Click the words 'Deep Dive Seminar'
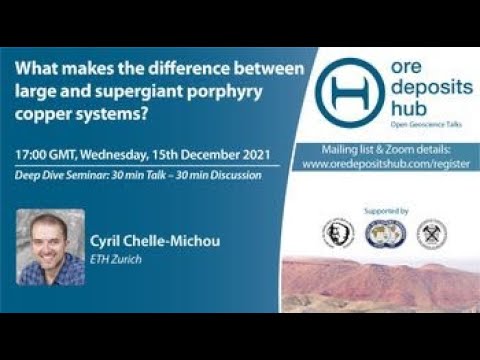(x=63, y=176)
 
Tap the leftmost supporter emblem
(x=337, y=234)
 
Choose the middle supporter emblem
(x=383, y=234)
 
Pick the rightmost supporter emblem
(x=431, y=234)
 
